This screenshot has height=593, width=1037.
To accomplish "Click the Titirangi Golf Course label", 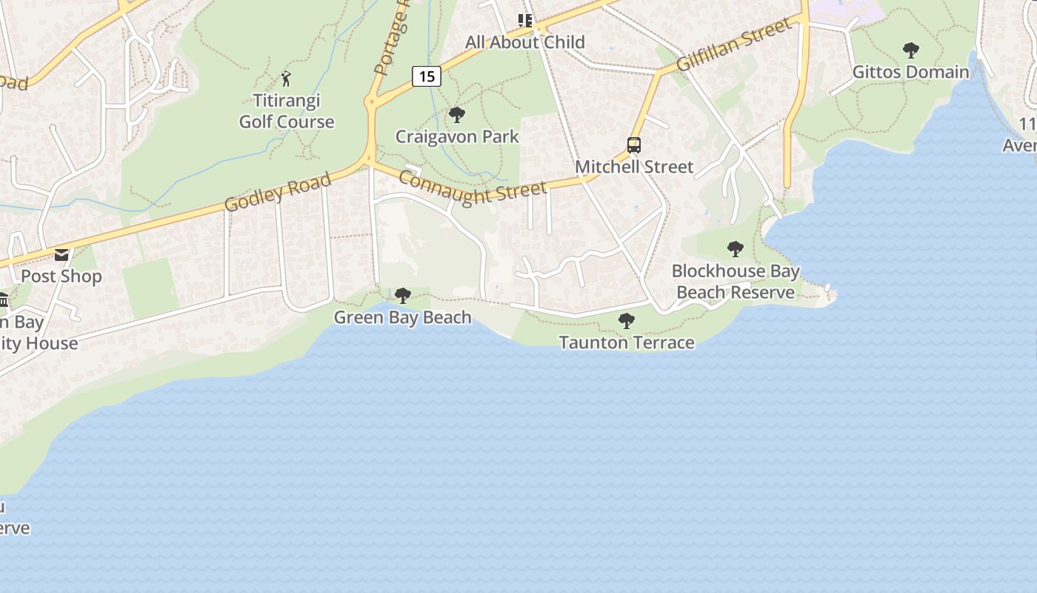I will coord(287,111).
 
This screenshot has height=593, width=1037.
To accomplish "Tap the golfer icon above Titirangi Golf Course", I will coord(287,78).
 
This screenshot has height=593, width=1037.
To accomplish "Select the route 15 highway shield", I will coord(427,76).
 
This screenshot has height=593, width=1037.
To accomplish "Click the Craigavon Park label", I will coord(457,136).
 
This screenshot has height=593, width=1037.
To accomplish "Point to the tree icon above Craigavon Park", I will coord(457,115).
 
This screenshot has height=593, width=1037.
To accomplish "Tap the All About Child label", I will coord(525,42).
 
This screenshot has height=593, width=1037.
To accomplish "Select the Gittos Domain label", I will coord(910,72).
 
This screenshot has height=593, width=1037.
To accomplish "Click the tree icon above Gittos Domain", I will coord(911,50).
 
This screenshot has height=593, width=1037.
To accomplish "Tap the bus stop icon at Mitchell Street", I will coord(634,145).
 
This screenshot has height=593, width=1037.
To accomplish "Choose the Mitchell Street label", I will coord(634,167).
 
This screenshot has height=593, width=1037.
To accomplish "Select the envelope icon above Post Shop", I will coord(61,255).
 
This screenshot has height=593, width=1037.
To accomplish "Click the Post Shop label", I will coord(61,276).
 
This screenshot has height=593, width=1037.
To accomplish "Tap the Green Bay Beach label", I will coord(402,317).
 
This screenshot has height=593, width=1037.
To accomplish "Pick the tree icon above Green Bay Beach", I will coord(403,296).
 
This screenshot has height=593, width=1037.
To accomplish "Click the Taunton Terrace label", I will coord(627,342).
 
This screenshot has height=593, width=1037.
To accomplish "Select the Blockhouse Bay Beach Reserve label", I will coord(736,282).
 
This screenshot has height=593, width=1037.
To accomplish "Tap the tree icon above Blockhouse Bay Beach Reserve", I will coord(735,249).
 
